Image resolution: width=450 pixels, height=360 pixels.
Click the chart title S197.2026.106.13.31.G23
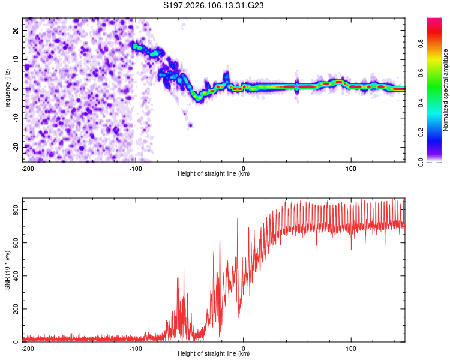tap(215, 6)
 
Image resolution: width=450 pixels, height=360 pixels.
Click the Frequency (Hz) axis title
tap(7, 89)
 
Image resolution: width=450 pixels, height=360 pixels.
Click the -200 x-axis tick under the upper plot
tap(27, 168)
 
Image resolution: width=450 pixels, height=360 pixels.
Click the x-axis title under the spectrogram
tap(214, 174)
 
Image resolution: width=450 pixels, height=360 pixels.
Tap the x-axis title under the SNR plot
tap(214, 354)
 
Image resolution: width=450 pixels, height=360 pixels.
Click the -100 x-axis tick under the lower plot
tap(136, 348)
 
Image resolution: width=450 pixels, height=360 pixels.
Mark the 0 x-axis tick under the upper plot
tap(244, 168)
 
